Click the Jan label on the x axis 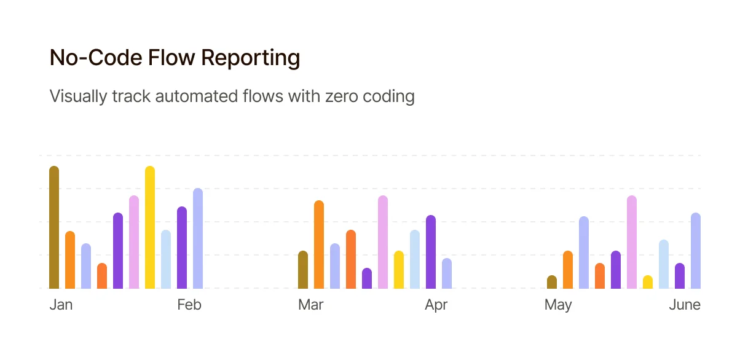click(61, 305)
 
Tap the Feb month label click(189, 305)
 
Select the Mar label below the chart click(311, 305)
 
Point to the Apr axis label click(436, 305)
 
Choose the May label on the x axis click(558, 305)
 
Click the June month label click(685, 305)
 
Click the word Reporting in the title click(251, 58)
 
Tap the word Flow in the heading click(171, 58)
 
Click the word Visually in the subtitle click(78, 97)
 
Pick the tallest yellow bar click(150, 227)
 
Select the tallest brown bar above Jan click(54, 227)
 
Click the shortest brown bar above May click(552, 282)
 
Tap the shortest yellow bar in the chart click(648, 282)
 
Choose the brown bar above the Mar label click(303, 270)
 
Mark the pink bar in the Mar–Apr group click(383, 242)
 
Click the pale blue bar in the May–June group click(664, 264)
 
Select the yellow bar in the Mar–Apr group click(399, 270)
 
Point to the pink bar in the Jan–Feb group click(134, 242)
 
